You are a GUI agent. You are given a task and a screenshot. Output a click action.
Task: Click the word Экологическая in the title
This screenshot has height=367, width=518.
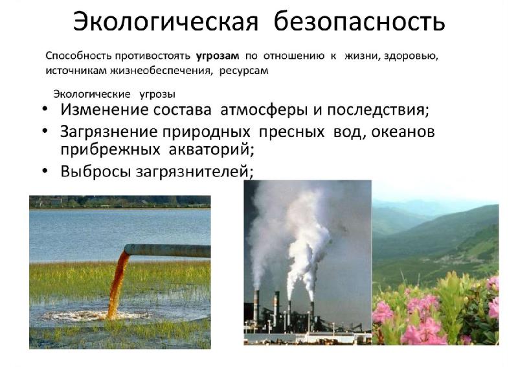[x=165, y=22]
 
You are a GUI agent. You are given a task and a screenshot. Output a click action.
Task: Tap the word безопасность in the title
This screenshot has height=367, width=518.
[x=359, y=22]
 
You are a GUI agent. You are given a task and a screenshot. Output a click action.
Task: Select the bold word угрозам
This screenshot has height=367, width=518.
[x=218, y=56]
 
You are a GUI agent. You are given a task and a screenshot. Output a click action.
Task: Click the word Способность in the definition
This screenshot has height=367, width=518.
[x=78, y=56]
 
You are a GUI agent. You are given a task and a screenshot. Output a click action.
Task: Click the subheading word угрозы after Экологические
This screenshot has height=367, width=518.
[x=157, y=95]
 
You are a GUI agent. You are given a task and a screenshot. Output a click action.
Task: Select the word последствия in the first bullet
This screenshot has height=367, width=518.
[x=377, y=110]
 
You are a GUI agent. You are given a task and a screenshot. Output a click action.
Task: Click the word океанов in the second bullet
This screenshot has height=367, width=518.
[x=403, y=132]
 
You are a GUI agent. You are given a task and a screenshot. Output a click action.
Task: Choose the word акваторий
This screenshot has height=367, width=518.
[x=211, y=149]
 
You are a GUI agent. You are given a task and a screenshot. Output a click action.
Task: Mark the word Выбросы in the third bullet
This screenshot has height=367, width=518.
[x=95, y=171]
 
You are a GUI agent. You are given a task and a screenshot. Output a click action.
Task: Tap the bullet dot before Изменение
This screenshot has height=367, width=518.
[x=45, y=109]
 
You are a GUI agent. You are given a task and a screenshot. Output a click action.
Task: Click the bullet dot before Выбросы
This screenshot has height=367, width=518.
[x=45, y=171]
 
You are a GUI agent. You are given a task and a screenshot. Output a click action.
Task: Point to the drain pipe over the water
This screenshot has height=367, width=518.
[x=167, y=250]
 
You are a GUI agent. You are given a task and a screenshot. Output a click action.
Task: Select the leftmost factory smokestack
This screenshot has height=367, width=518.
[x=256, y=307]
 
